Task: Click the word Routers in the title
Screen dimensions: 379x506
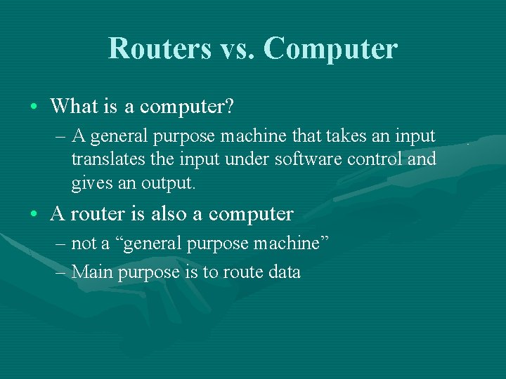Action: pyautogui.click(x=160, y=48)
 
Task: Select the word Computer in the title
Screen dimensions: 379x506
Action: pyautogui.click(x=330, y=48)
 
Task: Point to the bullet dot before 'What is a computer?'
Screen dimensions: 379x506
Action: pyautogui.click(x=34, y=107)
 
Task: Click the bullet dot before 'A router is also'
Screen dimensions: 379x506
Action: pyautogui.click(x=34, y=213)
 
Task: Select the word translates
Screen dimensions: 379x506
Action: pyautogui.click(x=104, y=160)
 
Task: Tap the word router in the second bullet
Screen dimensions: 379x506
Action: pyautogui.click(x=89, y=213)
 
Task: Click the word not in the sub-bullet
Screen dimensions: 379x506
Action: pyautogui.click(x=84, y=244)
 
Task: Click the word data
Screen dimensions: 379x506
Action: pyautogui.click(x=284, y=272)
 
